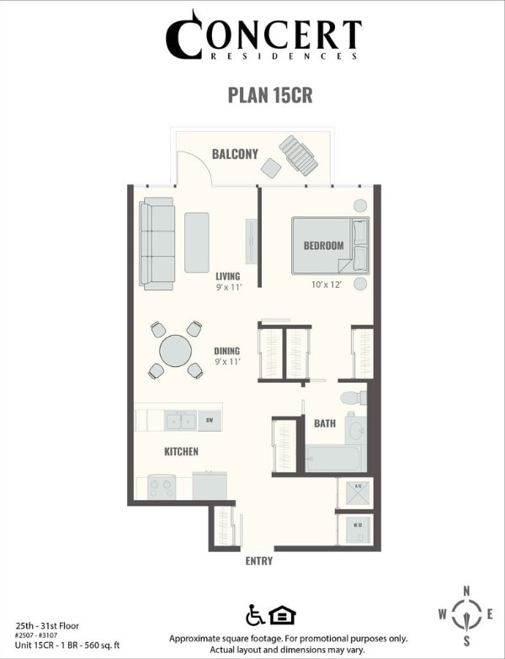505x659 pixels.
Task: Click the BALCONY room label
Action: click(x=235, y=154)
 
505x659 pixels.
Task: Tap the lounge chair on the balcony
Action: click(x=299, y=154)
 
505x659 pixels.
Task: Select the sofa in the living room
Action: click(x=157, y=244)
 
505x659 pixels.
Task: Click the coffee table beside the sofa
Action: click(x=196, y=242)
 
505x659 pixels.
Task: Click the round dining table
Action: click(x=176, y=350)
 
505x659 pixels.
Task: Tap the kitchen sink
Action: click(x=180, y=419)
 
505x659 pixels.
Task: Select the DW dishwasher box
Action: click(x=210, y=419)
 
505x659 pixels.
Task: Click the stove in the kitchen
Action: click(x=162, y=486)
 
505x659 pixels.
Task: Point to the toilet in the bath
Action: click(x=352, y=397)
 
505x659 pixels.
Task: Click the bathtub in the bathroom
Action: click(x=333, y=459)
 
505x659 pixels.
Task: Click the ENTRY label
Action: click(x=258, y=561)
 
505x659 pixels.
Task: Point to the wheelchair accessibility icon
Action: click(x=255, y=614)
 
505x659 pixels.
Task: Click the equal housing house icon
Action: click(x=279, y=614)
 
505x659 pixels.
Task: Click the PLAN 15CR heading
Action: click(x=270, y=94)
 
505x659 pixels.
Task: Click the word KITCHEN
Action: click(x=181, y=452)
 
